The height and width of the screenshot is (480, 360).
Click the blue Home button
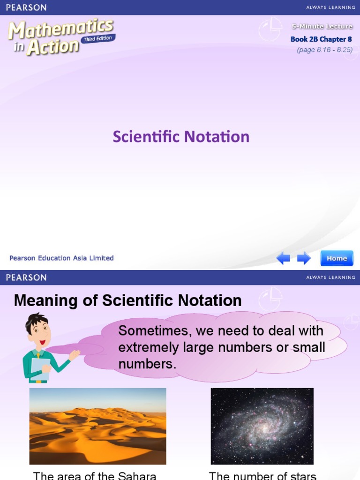[337, 258]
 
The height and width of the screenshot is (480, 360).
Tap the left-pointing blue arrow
[283, 258]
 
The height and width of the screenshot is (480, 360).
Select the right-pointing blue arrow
[304, 258]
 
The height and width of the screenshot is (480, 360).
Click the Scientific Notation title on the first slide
[181, 137]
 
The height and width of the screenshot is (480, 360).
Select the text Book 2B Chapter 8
[321, 39]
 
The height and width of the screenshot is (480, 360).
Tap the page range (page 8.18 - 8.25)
[324, 50]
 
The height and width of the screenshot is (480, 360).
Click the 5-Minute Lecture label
[322, 27]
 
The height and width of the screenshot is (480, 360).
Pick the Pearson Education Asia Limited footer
[61, 258]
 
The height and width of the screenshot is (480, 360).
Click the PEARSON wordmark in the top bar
[26, 7]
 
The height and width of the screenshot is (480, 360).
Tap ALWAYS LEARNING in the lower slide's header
[330, 277]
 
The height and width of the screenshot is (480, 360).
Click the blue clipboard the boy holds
[40, 368]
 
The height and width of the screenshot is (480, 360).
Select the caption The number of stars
[262, 475]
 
